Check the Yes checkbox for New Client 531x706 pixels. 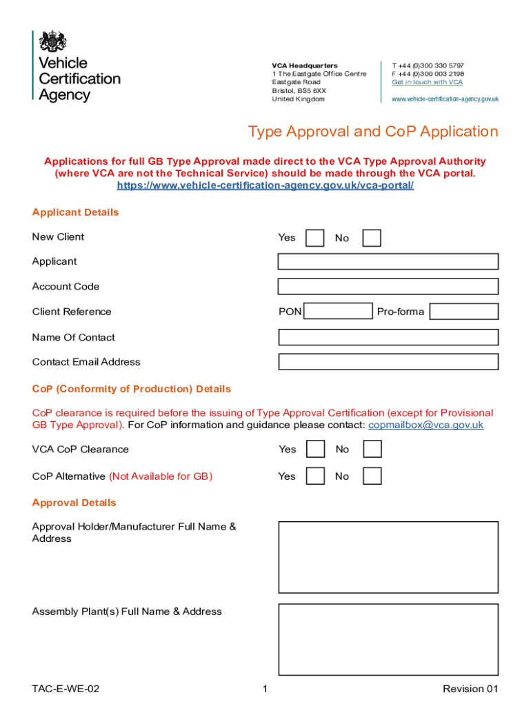click(314, 238)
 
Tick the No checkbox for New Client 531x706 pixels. click(372, 238)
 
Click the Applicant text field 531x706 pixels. click(388, 261)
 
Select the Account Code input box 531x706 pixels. click(388, 286)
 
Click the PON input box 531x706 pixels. click(338, 312)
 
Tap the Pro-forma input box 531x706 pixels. click(463, 312)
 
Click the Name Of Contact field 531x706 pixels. click(388, 337)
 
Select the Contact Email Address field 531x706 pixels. click(388, 362)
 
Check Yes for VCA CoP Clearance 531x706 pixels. click(315, 450)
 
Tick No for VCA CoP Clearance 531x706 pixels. click(372, 450)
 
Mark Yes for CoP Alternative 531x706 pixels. click(315, 476)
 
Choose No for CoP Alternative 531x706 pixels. click(372, 476)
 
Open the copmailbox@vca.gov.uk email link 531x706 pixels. click(425, 425)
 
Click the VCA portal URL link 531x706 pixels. click(265, 186)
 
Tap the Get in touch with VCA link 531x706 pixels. click(427, 82)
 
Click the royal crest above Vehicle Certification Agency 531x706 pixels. click(53, 41)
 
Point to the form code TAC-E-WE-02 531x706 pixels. click(66, 689)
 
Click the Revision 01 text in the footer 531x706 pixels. click(470, 689)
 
